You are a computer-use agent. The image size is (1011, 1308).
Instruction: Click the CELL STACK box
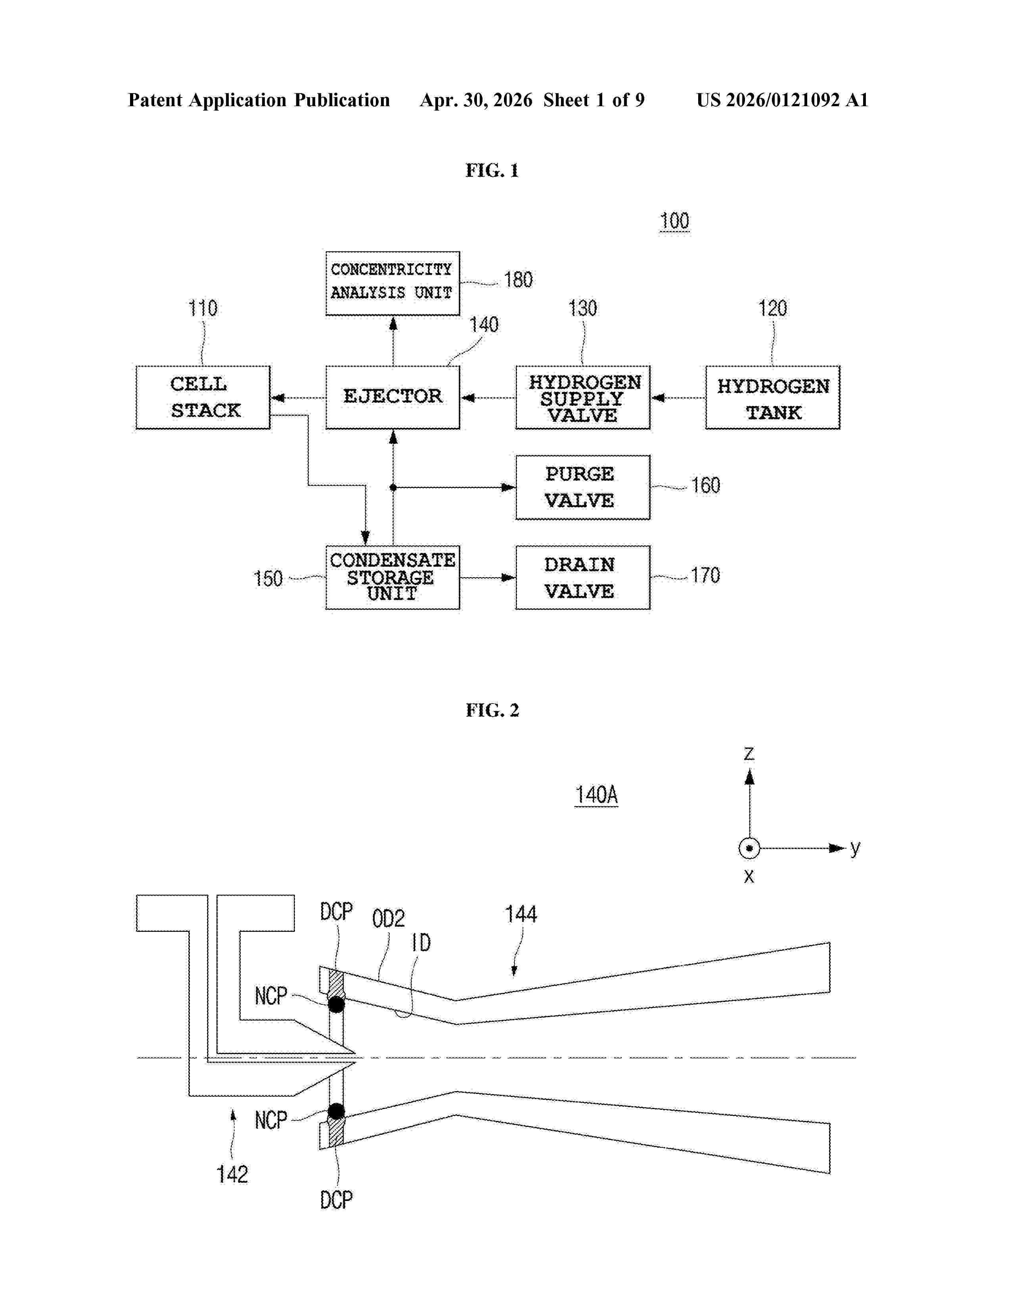[x=203, y=397]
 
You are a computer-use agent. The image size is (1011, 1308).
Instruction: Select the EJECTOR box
[x=393, y=397]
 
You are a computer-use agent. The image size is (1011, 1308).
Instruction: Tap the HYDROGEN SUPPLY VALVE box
[x=583, y=397]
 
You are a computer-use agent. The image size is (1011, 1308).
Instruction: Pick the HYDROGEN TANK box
[x=773, y=397]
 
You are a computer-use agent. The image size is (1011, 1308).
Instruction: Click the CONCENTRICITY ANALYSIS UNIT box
[x=393, y=283]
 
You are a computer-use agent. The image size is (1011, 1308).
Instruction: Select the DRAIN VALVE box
[x=583, y=578]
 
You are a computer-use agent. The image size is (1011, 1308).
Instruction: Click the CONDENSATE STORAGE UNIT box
[x=393, y=578]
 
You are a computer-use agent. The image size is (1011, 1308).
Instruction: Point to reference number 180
[x=518, y=280]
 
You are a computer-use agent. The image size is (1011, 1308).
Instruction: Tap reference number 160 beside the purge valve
[x=706, y=485]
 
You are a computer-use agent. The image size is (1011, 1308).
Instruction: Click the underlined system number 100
[x=674, y=221]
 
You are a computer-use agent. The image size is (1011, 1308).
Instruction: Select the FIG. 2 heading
[x=492, y=710]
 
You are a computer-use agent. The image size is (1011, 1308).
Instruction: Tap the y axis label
[x=855, y=848]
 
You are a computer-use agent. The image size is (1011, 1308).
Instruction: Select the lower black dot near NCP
[x=337, y=1111]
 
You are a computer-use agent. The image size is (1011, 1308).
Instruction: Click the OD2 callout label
[x=388, y=918]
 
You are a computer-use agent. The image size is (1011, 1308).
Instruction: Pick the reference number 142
[x=232, y=1174]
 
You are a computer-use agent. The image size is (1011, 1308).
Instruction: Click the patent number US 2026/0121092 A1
[x=782, y=100]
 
